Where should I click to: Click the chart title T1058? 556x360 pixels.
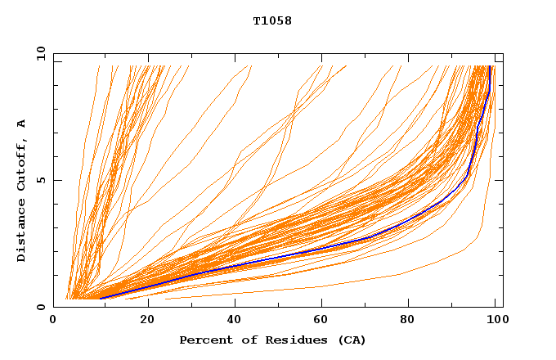(272, 21)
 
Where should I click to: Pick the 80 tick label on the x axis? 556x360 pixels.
(408, 320)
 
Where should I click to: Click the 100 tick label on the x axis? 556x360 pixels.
(496, 320)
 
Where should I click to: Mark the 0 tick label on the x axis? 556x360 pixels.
(54, 320)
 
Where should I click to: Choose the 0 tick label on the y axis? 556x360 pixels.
(39, 307)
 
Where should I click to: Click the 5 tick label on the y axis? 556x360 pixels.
(39, 180)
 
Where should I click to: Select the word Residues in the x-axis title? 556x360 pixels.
(280, 340)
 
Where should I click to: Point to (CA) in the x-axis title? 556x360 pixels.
(352, 340)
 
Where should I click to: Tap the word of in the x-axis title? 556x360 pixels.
(240, 340)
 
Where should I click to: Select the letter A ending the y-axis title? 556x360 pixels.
(21, 124)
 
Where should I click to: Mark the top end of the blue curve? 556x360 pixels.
(490, 66)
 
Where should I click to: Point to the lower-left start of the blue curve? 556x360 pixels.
(100, 298)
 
